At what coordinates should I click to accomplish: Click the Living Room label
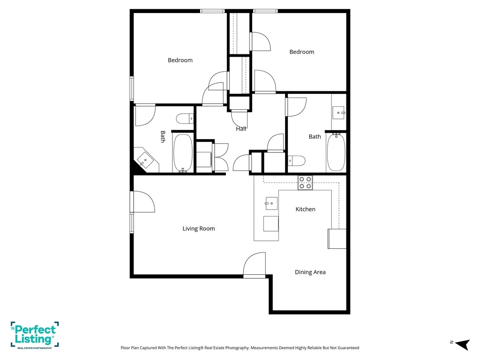coord(199,228)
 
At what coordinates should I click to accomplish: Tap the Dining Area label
coord(310,272)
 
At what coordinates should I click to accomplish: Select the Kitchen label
coord(305,209)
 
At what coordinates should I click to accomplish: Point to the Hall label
coord(241,129)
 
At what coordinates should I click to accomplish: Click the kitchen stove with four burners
coord(305,183)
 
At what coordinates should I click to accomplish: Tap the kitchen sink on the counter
coord(271,203)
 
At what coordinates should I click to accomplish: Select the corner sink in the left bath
coord(145,160)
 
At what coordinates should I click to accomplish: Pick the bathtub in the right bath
coord(336,152)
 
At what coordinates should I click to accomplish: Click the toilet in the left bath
coord(185,119)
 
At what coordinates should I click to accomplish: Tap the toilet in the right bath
coord(297,160)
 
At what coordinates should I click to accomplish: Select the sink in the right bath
coord(338,112)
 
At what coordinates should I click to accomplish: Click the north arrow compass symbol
coord(463,344)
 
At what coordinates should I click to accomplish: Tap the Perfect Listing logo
coord(35,335)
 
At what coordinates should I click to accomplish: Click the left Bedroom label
coord(180,60)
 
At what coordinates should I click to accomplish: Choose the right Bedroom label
coord(302,52)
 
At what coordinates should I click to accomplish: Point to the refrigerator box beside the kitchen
coord(337,239)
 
